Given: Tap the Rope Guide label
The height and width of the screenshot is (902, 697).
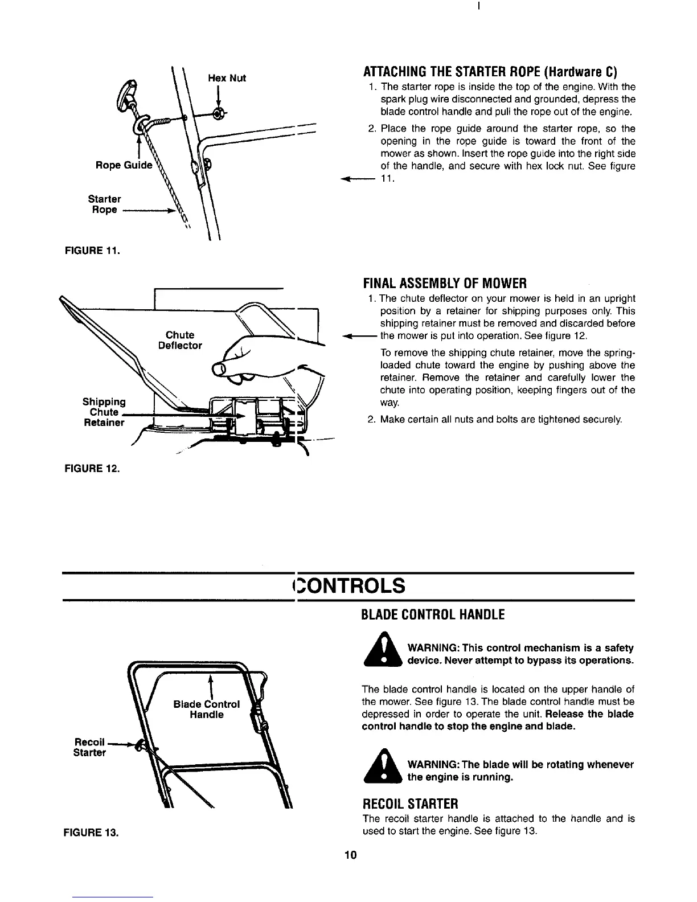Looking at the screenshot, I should (124, 165).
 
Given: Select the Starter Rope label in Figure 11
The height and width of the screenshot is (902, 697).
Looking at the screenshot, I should (104, 204).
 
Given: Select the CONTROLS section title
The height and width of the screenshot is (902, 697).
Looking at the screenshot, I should (348, 585).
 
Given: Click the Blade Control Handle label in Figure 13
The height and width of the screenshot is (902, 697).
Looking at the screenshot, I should (206, 709).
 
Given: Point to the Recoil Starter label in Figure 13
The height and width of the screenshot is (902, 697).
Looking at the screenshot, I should (90, 747).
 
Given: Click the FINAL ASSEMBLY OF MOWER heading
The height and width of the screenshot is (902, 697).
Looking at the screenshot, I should (445, 283).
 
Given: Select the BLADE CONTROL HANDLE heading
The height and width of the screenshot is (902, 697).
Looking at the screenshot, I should (433, 614).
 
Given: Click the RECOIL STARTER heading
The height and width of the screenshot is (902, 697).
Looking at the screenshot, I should (410, 804).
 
